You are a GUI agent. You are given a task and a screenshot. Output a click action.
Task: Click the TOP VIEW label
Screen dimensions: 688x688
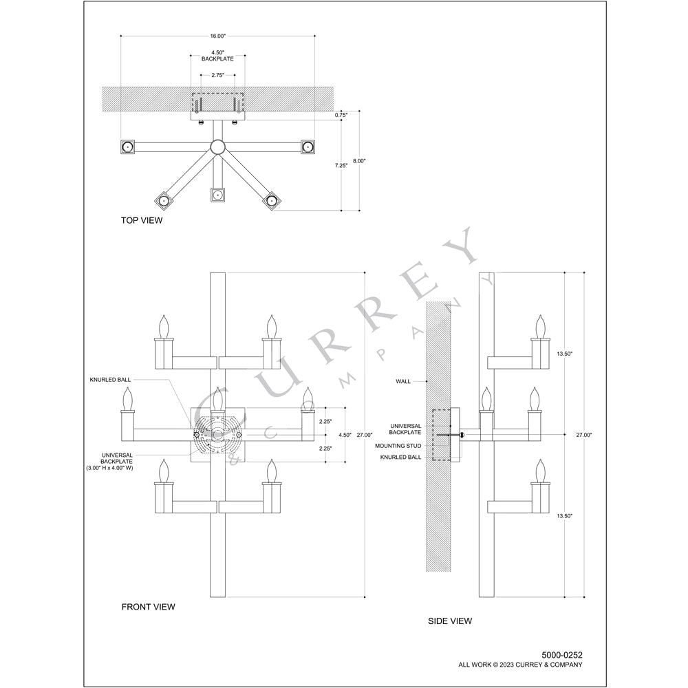(142, 221)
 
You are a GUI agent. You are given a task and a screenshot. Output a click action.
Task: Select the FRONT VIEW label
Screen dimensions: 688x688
(148, 607)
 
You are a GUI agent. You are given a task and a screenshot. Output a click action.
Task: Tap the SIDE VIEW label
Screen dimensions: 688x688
(450, 621)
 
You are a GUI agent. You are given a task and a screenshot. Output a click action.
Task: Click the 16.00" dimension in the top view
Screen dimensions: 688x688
(217, 36)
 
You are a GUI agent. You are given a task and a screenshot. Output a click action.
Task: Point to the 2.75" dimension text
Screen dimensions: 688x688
(217, 75)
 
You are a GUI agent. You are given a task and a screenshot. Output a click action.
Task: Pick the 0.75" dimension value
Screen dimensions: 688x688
(341, 115)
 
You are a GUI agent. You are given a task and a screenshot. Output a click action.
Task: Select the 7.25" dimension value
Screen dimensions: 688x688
(341, 166)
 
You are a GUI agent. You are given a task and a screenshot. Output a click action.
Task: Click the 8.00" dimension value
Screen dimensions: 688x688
(359, 161)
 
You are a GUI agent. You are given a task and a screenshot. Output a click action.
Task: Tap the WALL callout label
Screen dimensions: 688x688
(403, 381)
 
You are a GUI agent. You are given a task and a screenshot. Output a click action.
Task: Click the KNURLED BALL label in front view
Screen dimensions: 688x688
(110, 380)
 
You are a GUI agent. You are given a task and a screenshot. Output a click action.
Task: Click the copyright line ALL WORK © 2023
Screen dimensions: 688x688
(520, 665)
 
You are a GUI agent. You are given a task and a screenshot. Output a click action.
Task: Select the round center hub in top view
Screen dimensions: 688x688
(217, 146)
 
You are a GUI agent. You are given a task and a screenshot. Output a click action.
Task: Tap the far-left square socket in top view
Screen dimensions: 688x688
(127, 147)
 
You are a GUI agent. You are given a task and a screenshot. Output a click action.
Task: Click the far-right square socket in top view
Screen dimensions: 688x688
(308, 147)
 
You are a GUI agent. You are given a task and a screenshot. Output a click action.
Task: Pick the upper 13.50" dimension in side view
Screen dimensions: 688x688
(563, 353)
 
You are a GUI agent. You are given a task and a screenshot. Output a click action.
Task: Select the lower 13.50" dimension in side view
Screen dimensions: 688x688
(563, 515)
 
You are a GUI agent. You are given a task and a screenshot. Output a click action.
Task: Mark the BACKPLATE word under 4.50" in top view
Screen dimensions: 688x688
(217, 59)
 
